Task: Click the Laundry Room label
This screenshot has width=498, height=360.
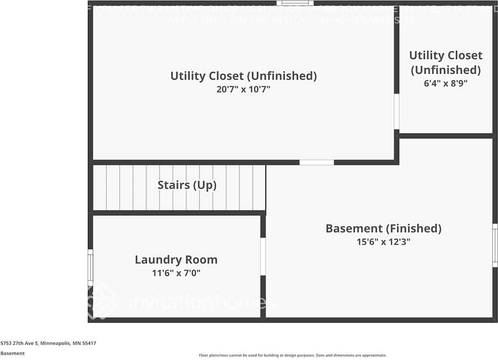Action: point(176,260)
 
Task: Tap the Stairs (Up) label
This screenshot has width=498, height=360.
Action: point(187,185)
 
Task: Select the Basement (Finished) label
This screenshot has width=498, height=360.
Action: point(383,229)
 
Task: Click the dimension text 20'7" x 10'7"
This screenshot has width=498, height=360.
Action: point(243,89)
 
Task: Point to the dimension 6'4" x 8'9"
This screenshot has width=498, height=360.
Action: point(445,83)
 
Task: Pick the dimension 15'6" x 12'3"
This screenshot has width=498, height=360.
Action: point(383,242)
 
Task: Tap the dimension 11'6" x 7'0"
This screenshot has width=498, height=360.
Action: point(176,273)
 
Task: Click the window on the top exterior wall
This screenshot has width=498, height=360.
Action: point(295,3)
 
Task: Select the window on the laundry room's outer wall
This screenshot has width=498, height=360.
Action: point(90,268)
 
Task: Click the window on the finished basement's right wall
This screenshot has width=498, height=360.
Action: point(495,246)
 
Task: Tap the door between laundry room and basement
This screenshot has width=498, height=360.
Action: point(263,256)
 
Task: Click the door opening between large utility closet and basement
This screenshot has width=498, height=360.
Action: point(317,162)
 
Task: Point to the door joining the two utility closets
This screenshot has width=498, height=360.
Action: point(396,111)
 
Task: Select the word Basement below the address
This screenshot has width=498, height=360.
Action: point(13,353)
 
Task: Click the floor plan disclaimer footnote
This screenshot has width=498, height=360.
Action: point(292,355)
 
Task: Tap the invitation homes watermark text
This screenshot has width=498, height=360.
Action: point(202,302)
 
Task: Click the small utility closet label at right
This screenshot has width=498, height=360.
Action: point(446,62)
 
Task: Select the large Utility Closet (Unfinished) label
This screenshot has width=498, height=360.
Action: point(243,76)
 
